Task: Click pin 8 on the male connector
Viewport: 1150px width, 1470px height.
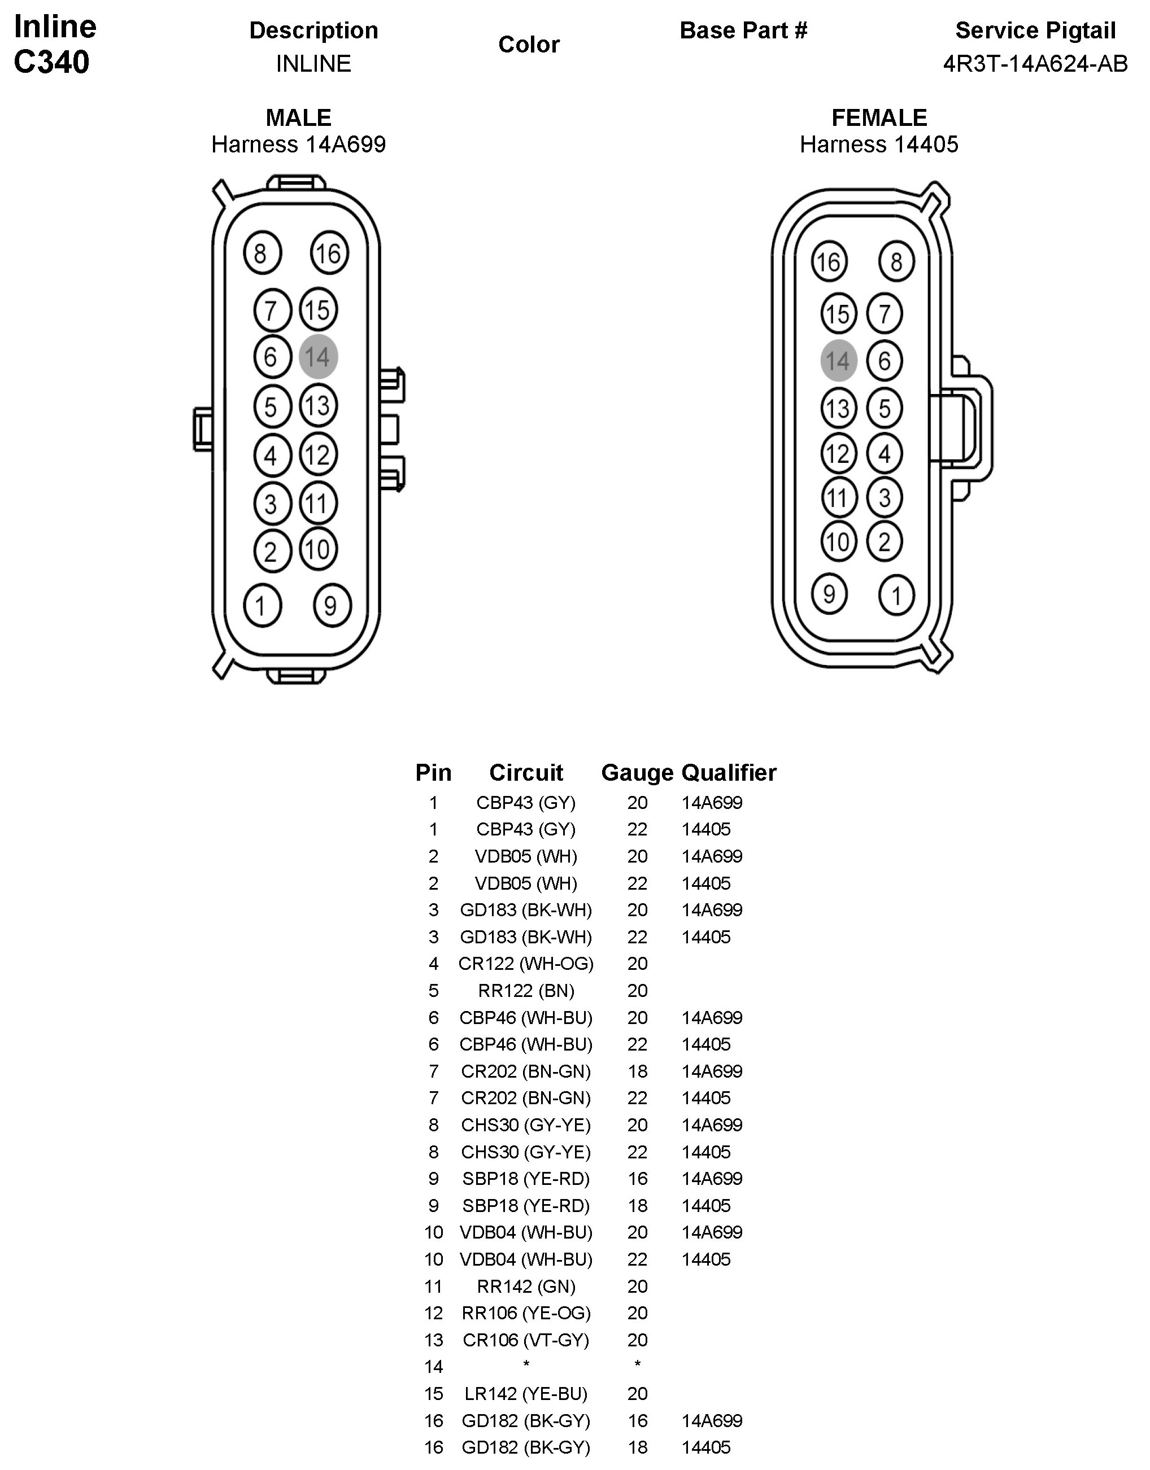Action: (262, 254)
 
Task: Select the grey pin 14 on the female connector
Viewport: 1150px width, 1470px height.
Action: (838, 361)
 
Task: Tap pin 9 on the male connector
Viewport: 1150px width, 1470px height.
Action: (332, 606)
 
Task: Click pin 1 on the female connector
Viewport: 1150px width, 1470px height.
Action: (896, 595)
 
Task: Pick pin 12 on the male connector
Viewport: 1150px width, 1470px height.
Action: (318, 455)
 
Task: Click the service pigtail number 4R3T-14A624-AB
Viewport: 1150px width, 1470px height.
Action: (1035, 64)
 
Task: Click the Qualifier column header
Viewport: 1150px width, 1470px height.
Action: (729, 773)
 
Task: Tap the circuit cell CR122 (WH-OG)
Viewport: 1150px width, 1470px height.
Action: (526, 964)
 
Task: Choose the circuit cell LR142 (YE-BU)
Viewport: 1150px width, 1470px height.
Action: (526, 1394)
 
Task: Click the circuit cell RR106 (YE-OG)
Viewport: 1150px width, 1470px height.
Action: (526, 1313)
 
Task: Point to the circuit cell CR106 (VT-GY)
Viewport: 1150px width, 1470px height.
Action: (526, 1340)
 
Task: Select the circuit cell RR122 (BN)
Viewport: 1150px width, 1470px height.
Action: (526, 991)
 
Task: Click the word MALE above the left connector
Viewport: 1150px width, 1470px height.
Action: (298, 118)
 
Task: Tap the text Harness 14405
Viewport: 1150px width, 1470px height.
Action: (879, 145)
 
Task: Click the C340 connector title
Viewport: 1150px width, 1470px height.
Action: (52, 63)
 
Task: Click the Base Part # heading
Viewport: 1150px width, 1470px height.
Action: (743, 30)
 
